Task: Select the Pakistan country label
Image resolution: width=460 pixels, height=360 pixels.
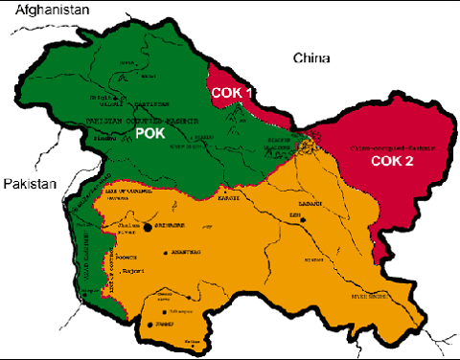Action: [29, 184]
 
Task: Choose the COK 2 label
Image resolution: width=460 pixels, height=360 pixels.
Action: [395, 161]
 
